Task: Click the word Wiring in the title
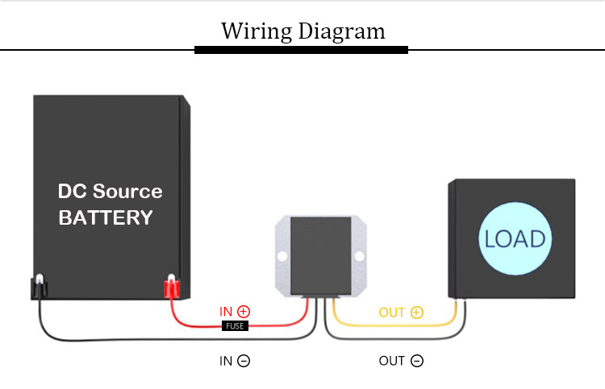tap(257, 31)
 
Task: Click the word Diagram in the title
tap(342, 31)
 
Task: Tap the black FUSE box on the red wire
tap(235, 326)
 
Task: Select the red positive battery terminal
tap(171, 287)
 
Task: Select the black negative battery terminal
tap(39, 287)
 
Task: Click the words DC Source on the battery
tap(111, 192)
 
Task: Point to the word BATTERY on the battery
tap(106, 217)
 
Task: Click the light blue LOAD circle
tap(515, 238)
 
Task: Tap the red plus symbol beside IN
tap(244, 311)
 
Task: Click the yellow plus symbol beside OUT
tap(417, 312)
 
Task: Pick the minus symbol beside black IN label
tap(244, 361)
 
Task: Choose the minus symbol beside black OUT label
tap(417, 361)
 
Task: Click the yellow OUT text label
tap(391, 312)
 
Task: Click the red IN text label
tap(226, 312)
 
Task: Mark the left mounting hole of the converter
tap(282, 256)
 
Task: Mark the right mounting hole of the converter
tap(359, 256)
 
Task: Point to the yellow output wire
tap(394, 326)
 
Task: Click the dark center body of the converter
tap(320, 256)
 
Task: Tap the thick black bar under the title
tap(302, 50)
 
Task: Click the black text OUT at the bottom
tap(391, 361)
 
